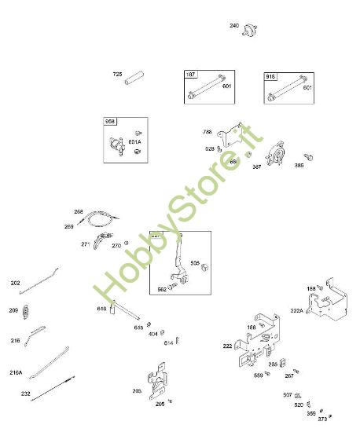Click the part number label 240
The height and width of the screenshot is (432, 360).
tap(234, 26)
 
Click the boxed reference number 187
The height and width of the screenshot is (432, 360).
tap(191, 75)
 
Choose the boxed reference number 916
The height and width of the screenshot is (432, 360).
tap(270, 76)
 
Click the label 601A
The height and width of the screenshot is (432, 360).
tap(146, 142)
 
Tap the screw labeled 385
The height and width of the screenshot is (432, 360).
tap(310, 158)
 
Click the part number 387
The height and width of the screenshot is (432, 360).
tap(257, 167)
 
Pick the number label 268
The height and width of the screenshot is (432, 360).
tap(79, 211)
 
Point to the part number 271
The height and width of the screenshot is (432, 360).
tap(85, 244)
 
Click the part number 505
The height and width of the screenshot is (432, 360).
tap(195, 264)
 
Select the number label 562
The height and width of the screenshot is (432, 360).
tap(162, 288)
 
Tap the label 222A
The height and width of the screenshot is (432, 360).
tap(297, 311)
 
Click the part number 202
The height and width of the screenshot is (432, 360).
tap(15, 283)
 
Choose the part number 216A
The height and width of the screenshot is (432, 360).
tap(17, 372)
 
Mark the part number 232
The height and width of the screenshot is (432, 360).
tap(26, 394)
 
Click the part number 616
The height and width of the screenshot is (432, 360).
tap(101, 309)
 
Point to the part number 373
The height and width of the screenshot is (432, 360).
tap(322, 419)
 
